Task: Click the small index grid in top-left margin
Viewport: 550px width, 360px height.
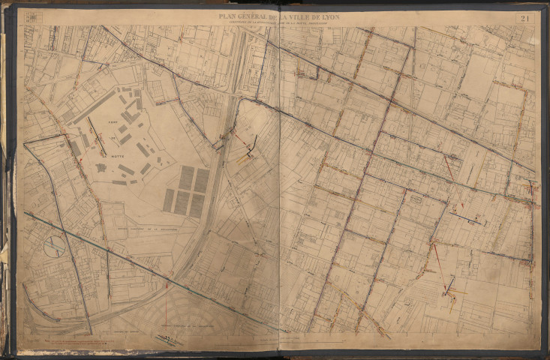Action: point(32,16)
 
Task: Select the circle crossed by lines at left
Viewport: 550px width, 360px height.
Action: point(54,247)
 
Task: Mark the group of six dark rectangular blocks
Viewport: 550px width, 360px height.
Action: point(186,189)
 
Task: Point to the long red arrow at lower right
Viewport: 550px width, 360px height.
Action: point(437,257)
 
